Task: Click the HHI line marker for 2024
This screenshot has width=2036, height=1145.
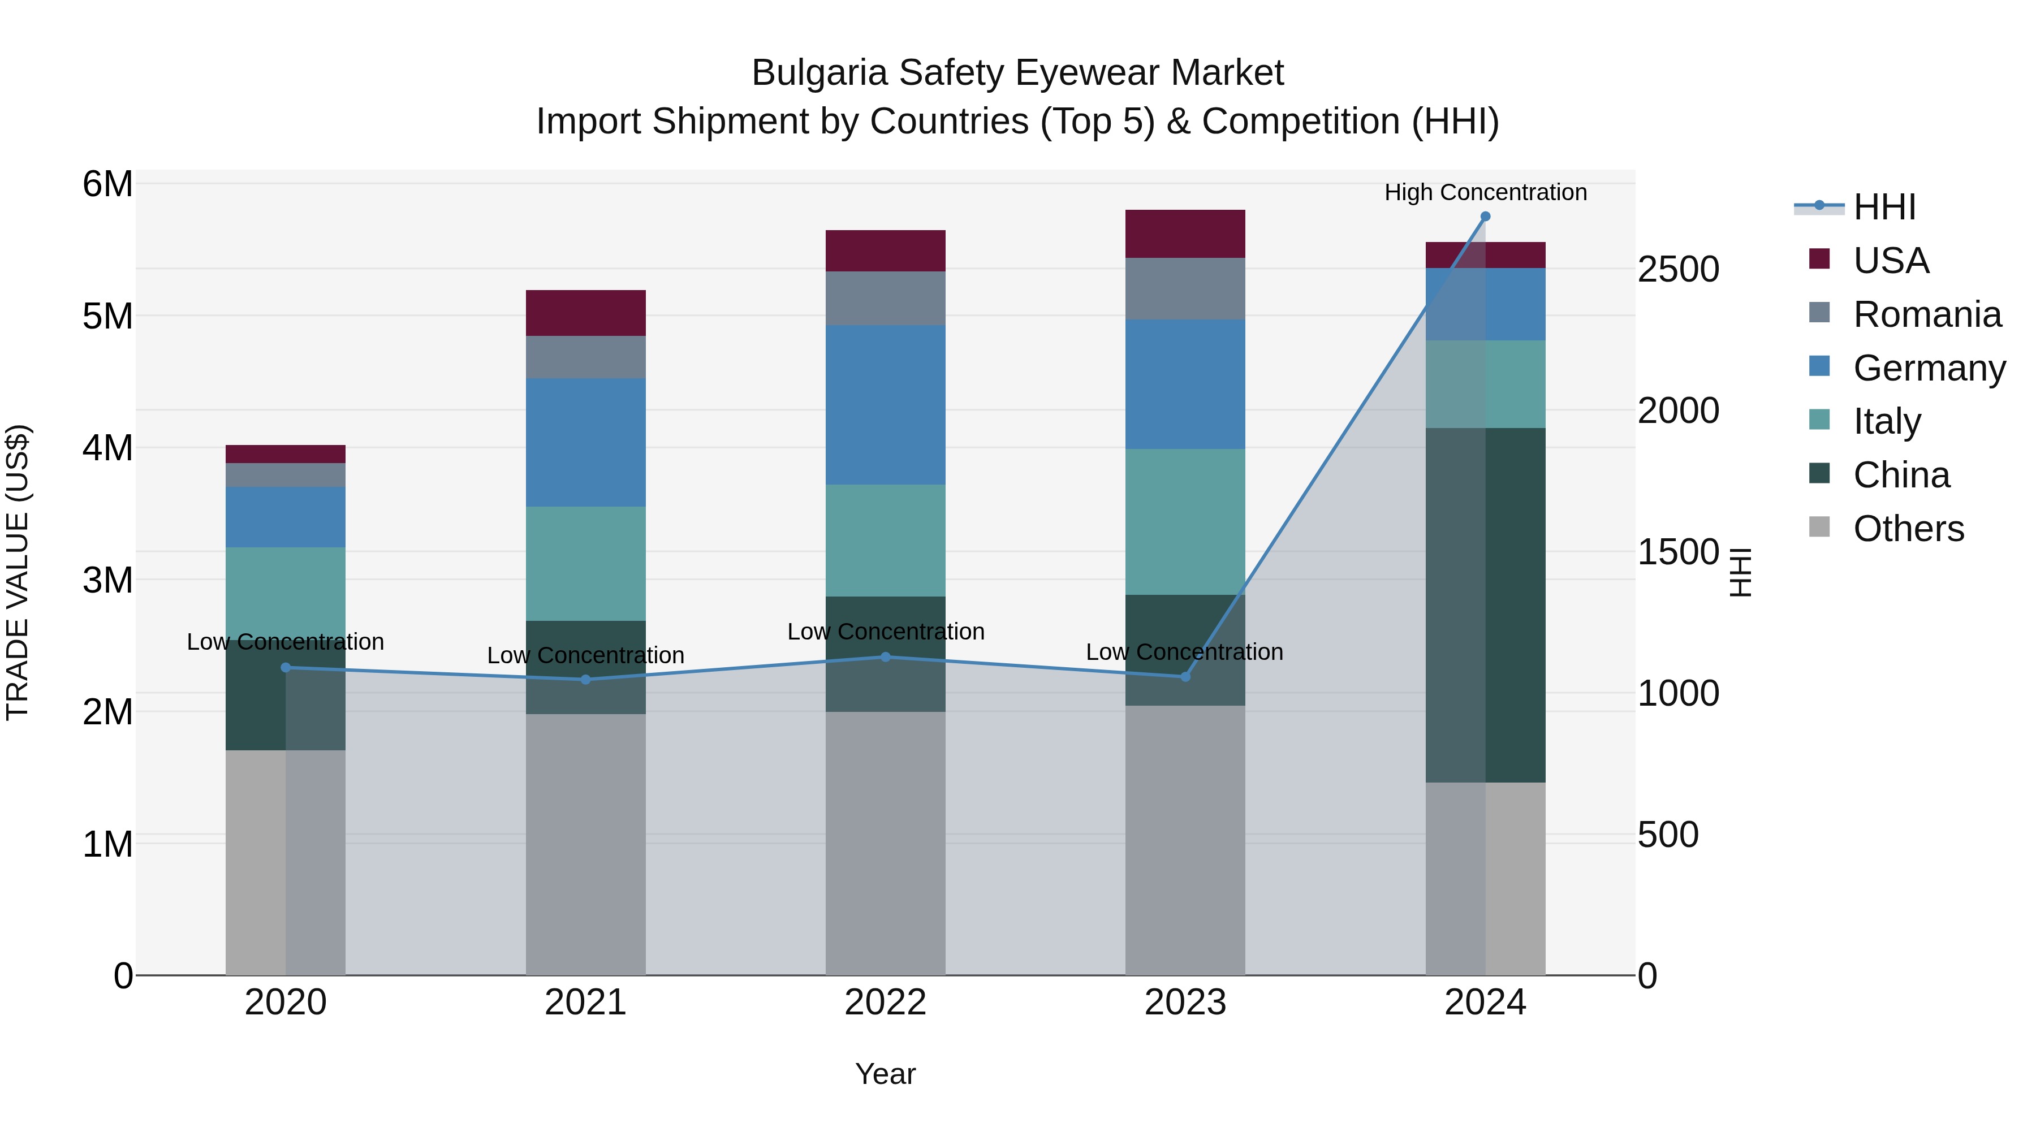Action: (1485, 217)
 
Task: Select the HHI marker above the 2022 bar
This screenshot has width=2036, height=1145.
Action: (885, 656)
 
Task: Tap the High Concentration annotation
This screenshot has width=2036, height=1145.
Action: (1485, 192)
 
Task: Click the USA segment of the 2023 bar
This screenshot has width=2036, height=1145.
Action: (1185, 234)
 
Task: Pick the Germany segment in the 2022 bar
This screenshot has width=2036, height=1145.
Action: (885, 405)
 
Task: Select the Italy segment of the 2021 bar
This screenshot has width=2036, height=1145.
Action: (586, 563)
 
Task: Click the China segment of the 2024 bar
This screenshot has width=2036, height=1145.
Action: (1485, 604)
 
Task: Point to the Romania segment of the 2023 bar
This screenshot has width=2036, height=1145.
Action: (1185, 288)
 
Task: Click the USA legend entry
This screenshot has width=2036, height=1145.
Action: (1891, 261)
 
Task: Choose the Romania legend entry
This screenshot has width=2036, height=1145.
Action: (1927, 314)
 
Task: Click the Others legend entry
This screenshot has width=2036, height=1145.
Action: (1908, 529)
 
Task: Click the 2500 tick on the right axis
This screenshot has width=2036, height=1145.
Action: (1677, 270)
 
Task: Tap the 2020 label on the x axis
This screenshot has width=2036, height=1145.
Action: (286, 1002)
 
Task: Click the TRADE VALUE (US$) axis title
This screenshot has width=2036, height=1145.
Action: (18, 572)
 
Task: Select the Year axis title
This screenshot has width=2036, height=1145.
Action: (885, 1074)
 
